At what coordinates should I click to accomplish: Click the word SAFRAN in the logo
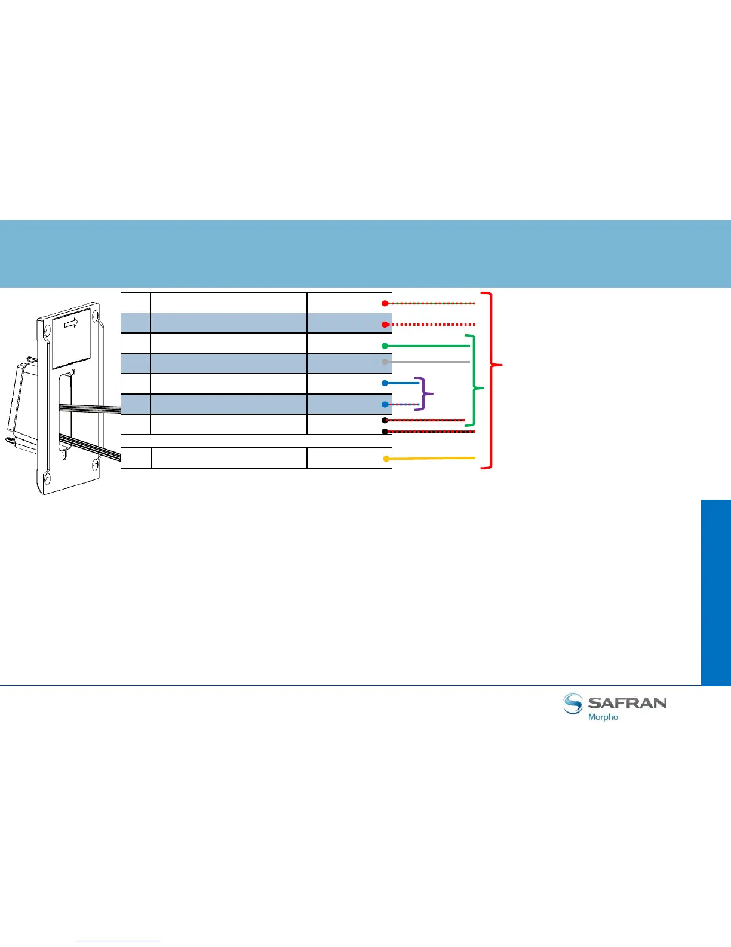point(627,702)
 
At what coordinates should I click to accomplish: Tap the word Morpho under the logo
point(603,717)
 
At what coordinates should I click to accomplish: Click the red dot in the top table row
point(385,303)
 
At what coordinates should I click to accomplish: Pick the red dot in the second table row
point(385,324)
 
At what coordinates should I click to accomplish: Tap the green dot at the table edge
point(385,346)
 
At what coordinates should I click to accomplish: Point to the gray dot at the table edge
point(385,362)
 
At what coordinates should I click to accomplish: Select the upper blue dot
point(385,383)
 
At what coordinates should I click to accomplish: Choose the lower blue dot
point(385,404)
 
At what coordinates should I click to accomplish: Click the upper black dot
point(385,420)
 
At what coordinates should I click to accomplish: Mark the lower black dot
point(385,431)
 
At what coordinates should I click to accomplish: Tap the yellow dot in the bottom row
point(386,459)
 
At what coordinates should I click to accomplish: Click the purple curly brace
point(426,393)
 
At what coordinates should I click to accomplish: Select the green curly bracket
point(476,381)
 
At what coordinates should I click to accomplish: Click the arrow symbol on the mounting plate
point(72,323)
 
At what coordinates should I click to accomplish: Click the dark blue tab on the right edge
point(716,592)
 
